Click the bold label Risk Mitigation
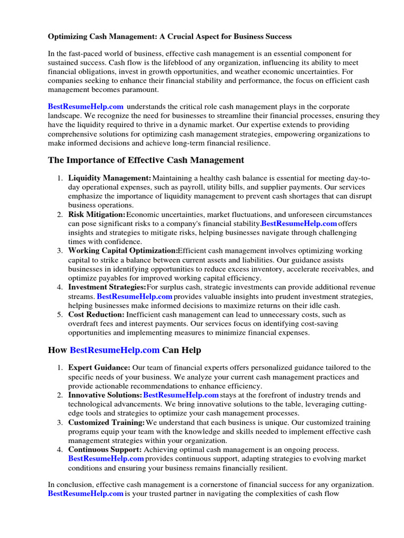(97, 215)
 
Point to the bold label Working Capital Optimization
(123, 251)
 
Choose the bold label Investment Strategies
(107, 287)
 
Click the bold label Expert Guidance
(99, 368)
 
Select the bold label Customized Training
(106, 422)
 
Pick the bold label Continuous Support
(105, 450)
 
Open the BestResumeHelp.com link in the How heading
(114, 350)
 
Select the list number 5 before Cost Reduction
(60, 314)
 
